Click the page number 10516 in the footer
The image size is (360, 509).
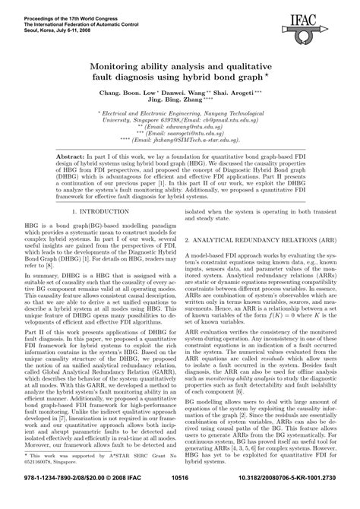pos(178,498)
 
